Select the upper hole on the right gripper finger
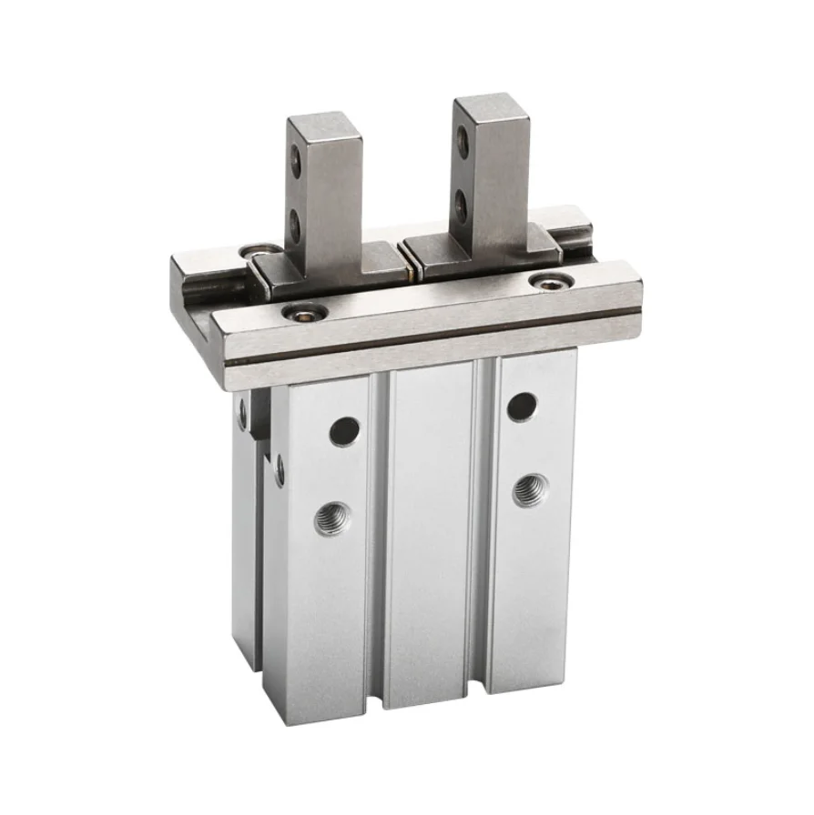coord(463,141)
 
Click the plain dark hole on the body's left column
coord(343,430)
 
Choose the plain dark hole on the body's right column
coord(521,407)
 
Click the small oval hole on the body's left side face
coord(279,469)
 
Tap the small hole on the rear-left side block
coord(242,415)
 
